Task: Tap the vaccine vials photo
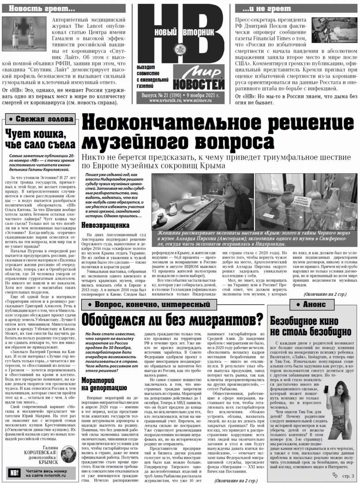click(x=25, y=37)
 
